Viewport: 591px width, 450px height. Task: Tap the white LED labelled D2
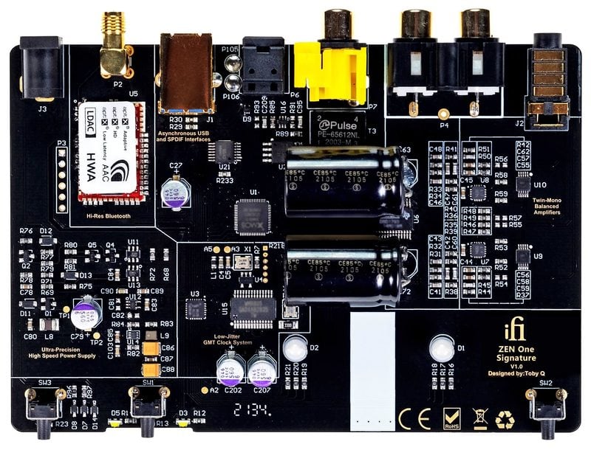click(294, 347)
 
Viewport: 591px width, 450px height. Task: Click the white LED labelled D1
click(442, 347)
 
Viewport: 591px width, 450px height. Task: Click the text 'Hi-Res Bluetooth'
click(109, 217)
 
